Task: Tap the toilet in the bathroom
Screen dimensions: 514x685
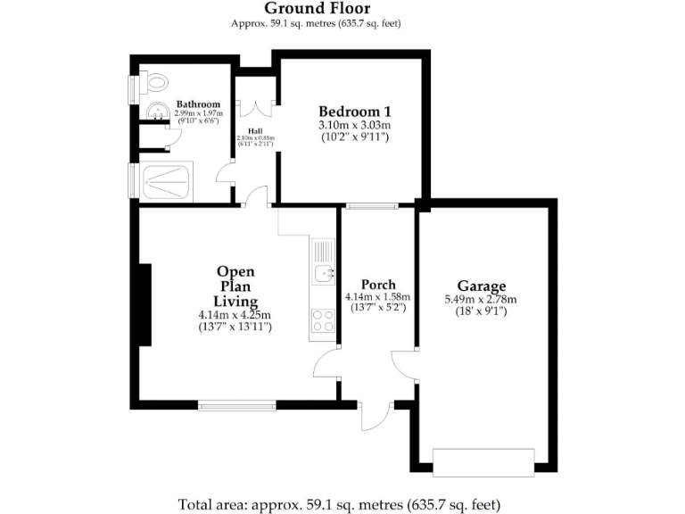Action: [x=157, y=83]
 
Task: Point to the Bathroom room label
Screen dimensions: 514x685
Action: [x=198, y=104]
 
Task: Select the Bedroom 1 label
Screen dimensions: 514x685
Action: [x=355, y=111]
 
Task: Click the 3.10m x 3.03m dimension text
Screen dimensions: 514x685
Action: [x=355, y=126]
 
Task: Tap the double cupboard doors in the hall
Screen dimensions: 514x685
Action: [x=259, y=106]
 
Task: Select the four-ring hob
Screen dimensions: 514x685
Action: [x=323, y=320]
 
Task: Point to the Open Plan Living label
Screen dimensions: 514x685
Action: [x=235, y=286]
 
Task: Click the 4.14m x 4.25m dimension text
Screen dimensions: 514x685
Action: [x=235, y=315]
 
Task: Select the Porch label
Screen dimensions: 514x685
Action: [x=378, y=285]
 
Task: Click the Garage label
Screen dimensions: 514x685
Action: [x=482, y=286]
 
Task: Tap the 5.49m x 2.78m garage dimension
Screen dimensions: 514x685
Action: [x=482, y=300]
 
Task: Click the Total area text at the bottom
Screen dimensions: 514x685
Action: [x=339, y=503]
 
